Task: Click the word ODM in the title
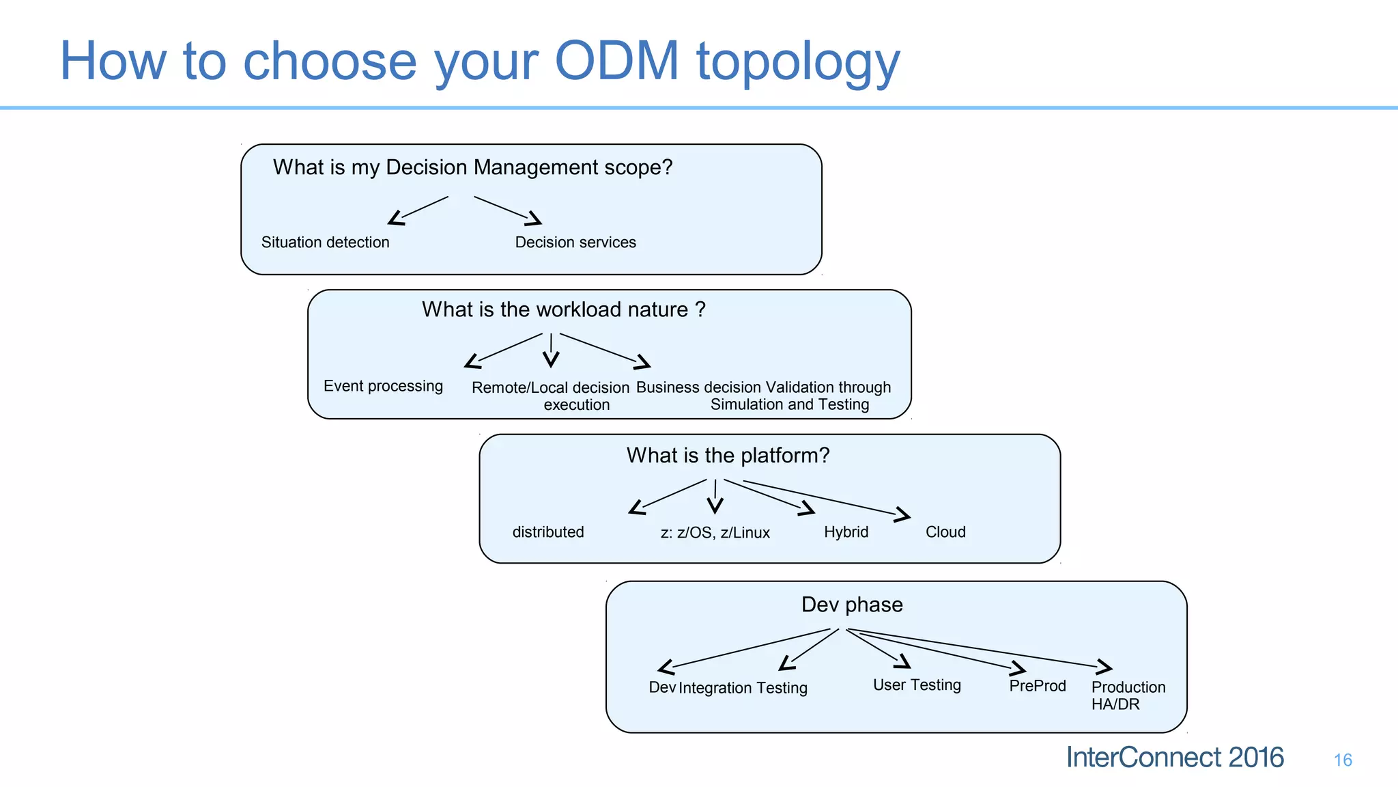pos(616,61)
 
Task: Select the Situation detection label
pos(325,243)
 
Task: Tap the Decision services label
pos(575,243)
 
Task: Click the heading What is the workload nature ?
pos(563,309)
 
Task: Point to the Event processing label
pos(383,386)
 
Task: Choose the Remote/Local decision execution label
pos(550,396)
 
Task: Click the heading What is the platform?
pos(728,456)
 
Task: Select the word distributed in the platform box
pos(548,532)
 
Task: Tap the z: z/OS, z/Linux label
pos(715,533)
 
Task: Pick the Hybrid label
pos(846,532)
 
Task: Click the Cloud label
pos(945,532)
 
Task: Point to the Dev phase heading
pos(852,605)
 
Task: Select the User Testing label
pos(917,685)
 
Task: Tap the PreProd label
pos(1037,686)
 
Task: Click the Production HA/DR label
pos(1128,695)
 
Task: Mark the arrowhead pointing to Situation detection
pos(395,219)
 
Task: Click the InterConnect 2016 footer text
pos(1174,758)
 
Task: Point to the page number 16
pos(1343,760)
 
